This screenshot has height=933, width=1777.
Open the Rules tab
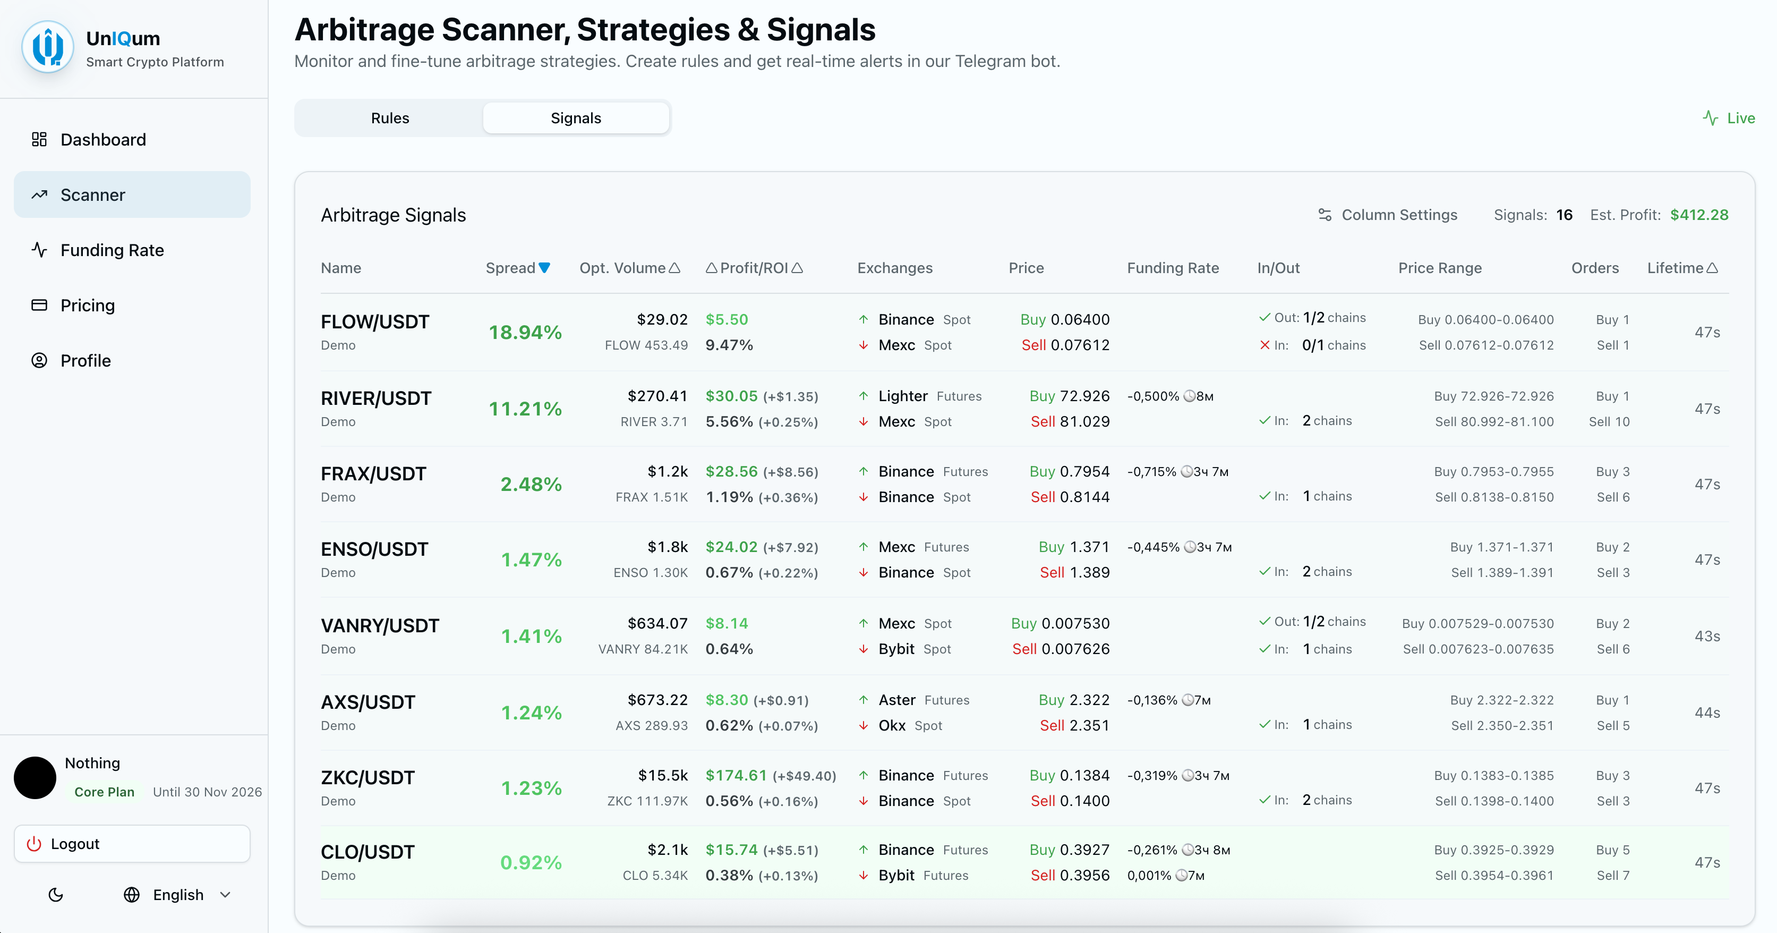pos(390,118)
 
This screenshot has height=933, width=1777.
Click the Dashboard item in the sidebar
pos(103,139)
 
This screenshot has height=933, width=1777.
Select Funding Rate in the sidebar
pos(112,250)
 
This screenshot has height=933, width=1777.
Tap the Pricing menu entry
pos(88,305)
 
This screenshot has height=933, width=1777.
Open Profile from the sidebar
pos(86,360)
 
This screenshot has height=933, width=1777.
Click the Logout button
pos(132,843)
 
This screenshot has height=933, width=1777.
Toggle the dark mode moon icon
pos(56,895)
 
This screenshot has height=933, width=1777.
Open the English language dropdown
pos(178,895)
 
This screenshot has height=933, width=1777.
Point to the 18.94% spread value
pos(525,333)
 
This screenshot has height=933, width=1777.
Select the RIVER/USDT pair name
pos(376,398)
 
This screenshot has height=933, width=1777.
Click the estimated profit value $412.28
pos(1699,215)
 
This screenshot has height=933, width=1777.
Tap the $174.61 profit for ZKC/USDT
pos(736,775)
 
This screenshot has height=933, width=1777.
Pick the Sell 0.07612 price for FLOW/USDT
pos(1065,345)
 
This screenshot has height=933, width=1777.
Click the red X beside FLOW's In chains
pos(1265,345)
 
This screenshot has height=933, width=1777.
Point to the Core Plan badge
pos(104,792)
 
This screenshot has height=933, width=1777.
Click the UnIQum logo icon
pos(48,47)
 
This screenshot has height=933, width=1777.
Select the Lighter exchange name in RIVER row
pos(902,396)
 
